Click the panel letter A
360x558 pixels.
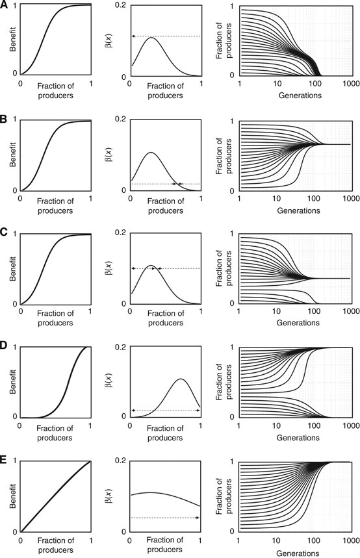click(5, 5)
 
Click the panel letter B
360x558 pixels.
click(5, 120)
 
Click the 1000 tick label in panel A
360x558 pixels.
click(349, 84)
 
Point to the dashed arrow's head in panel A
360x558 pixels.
click(133, 36)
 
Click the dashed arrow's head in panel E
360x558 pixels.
click(198, 518)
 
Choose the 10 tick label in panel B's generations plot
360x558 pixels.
click(276, 198)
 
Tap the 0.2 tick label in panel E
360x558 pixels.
click(120, 461)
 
